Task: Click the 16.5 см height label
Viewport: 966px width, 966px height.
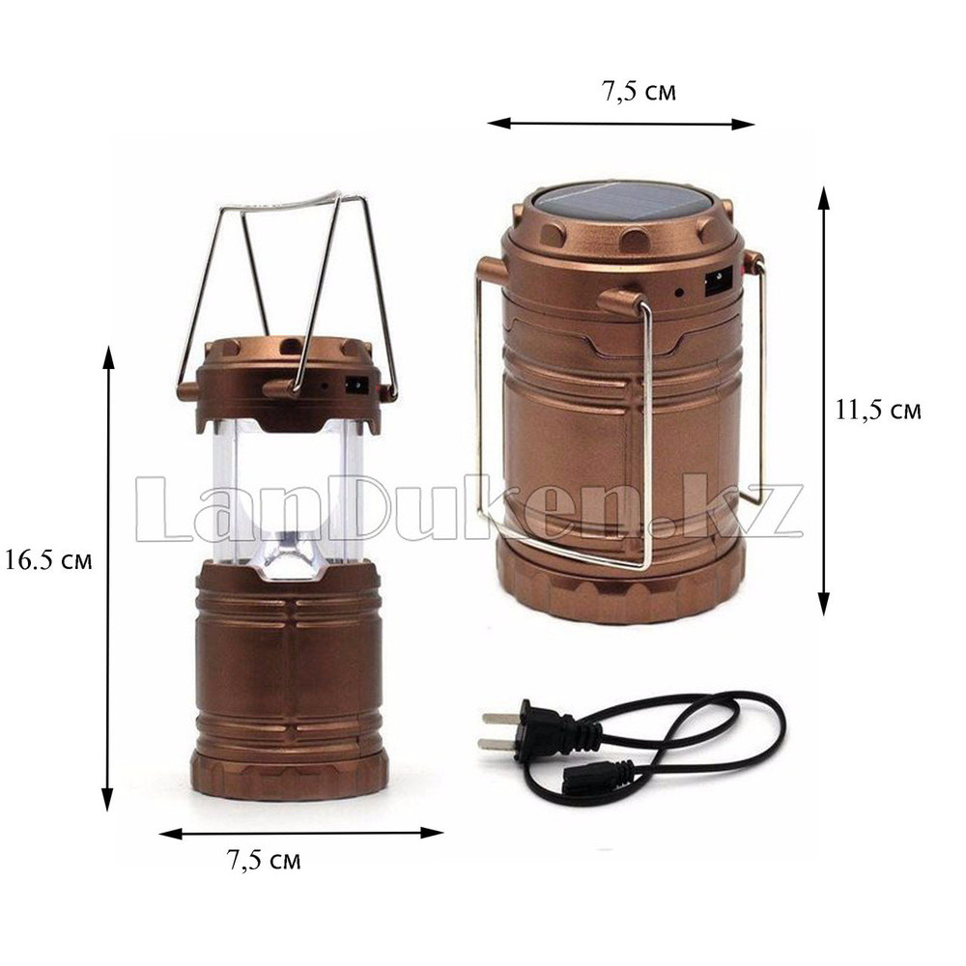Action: (x=48, y=560)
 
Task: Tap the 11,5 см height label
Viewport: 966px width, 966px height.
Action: (x=878, y=410)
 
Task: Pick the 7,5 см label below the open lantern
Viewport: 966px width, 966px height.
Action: (x=264, y=860)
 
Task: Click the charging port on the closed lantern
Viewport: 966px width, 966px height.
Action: (x=718, y=285)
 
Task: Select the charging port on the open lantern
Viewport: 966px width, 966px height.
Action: (x=356, y=386)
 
